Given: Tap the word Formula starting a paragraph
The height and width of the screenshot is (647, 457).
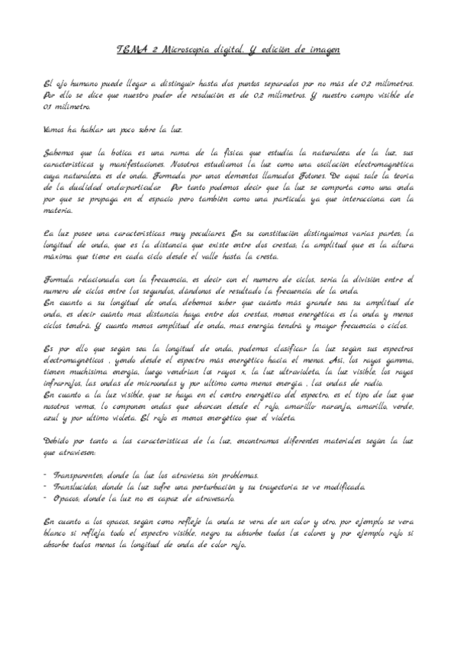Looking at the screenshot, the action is (60, 280).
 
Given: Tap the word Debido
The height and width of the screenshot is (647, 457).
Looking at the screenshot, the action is (59, 440).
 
